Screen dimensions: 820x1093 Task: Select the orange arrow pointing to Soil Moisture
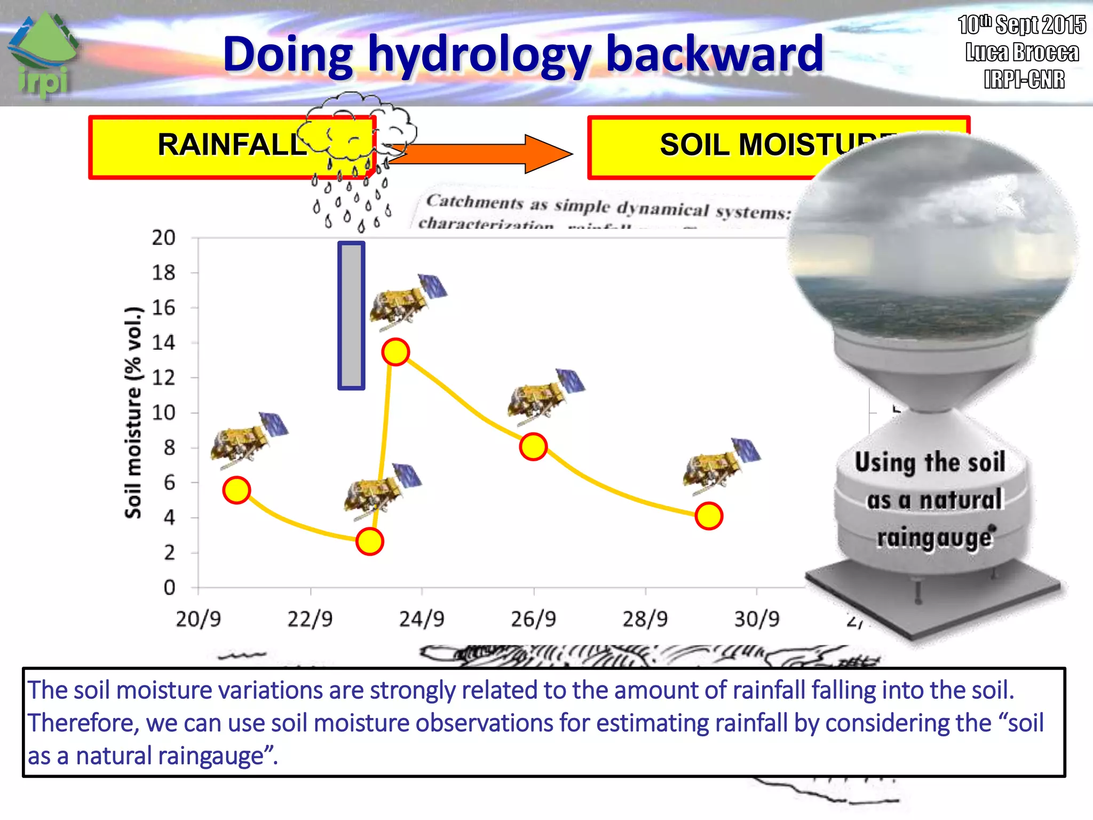coord(480,154)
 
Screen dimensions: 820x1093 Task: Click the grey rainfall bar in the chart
coord(351,315)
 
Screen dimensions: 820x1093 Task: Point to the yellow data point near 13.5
coord(395,352)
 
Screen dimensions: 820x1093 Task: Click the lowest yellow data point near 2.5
coord(369,541)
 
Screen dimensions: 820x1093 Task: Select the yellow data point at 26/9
coord(533,446)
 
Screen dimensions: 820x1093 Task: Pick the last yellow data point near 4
coord(709,516)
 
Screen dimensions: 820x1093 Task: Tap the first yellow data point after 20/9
coord(236,490)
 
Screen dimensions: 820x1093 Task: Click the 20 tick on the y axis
coord(163,238)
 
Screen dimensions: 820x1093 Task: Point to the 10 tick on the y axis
coord(163,413)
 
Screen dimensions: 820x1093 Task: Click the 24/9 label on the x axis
coord(422,619)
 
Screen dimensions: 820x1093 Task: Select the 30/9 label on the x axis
coord(757,619)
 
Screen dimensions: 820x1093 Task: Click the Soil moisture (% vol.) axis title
coord(133,413)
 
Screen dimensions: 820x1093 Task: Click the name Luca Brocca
coord(1022,52)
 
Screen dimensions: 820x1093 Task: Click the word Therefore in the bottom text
coord(83,723)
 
